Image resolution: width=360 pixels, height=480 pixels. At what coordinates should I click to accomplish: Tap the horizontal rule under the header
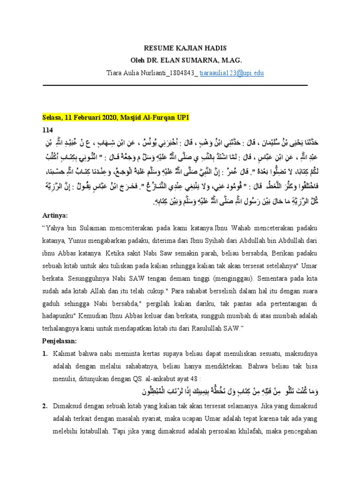click(x=175, y=85)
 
